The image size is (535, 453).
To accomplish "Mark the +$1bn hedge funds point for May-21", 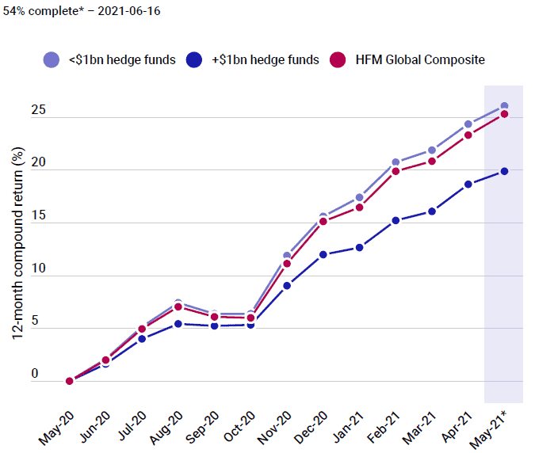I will [x=504, y=171].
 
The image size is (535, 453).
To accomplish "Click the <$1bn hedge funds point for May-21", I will [x=504, y=106].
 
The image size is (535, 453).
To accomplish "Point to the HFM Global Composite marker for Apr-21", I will [x=468, y=135].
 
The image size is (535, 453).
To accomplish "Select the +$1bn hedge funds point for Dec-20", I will [x=323, y=255].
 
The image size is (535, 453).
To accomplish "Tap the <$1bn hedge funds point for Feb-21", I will [x=396, y=162].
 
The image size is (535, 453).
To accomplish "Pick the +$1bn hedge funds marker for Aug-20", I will [x=178, y=324].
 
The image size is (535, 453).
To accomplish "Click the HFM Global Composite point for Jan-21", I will [x=359, y=207].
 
